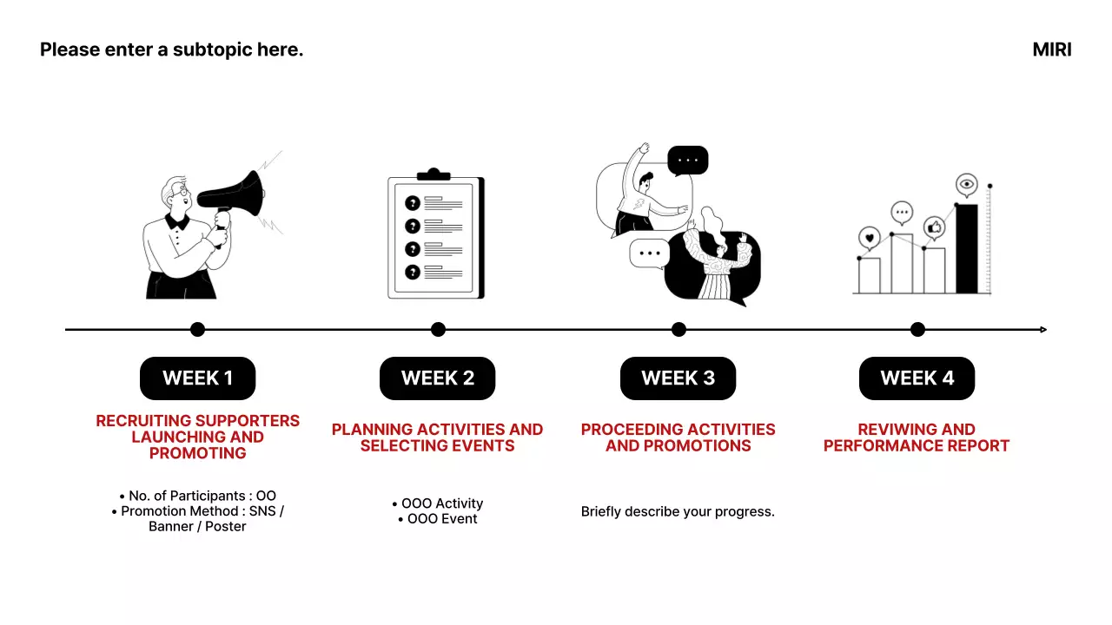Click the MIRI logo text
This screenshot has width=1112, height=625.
click(x=1051, y=49)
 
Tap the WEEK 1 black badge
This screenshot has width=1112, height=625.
click(x=197, y=378)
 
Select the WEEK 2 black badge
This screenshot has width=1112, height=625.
click(x=437, y=378)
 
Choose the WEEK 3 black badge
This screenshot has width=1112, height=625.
click(x=678, y=378)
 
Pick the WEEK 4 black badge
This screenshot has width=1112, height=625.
click(x=917, y=378)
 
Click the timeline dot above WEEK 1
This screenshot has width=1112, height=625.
click(x=197, y=329)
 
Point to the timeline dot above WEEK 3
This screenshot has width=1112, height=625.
click(x=678, y=329)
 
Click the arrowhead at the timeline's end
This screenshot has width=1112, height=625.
click(x=1043, y=329)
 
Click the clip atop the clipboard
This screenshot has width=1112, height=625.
click(x=434, y=174)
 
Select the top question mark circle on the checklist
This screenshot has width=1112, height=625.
click(x=413, y=203)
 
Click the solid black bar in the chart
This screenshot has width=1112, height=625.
click(x=967, y=248)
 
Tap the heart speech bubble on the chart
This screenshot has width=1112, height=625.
click(x=870, y=238)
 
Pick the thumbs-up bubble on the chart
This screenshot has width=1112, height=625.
click(x=934, y=227)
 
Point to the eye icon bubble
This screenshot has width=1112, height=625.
click(x=967, y=185)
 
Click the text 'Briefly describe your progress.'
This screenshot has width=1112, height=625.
click(x=678, y=511)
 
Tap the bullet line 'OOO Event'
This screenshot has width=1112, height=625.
click(x=437, y=519)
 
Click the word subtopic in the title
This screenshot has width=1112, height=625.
click(x=213, y=49)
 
